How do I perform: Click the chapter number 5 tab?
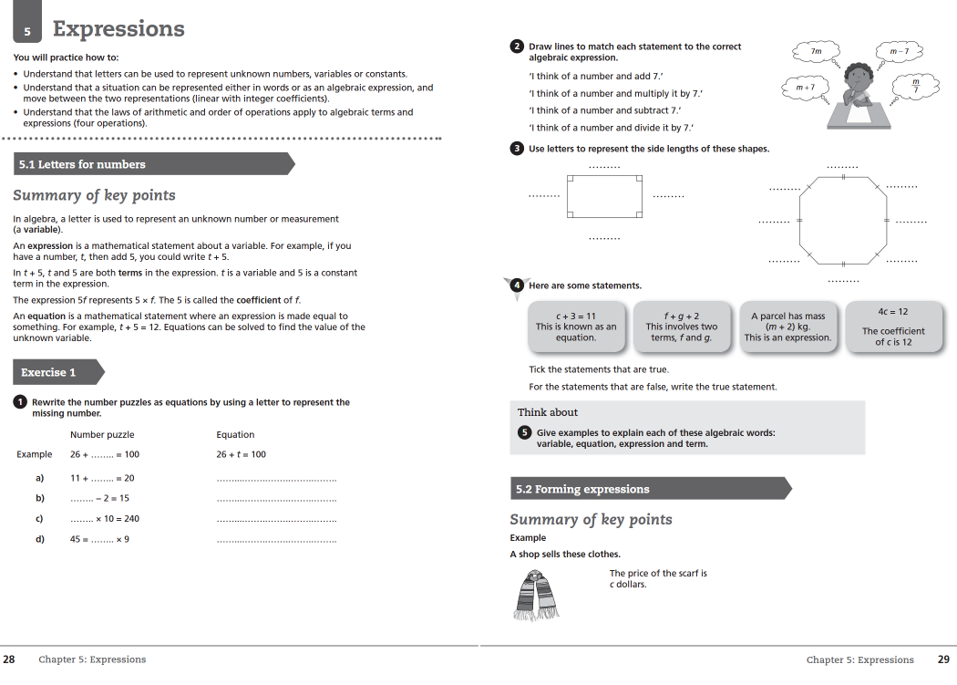pos(27,30)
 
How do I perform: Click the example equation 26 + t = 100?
pos(242,454)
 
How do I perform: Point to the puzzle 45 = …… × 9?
pos(99,539)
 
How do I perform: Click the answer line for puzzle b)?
pos(276,499)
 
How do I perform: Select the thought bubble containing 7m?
pos(817,53)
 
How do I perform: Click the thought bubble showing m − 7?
pos(899,52)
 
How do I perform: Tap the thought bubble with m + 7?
pos(805,88)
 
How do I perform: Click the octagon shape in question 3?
pos(842,220)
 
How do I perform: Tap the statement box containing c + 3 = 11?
pos(576,327)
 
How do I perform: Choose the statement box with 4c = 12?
pos(893,327)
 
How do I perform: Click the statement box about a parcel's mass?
pos(787,327)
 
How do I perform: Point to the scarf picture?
pos(537,595)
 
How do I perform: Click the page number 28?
pos(8,659)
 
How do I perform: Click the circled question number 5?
pos(524,432)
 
